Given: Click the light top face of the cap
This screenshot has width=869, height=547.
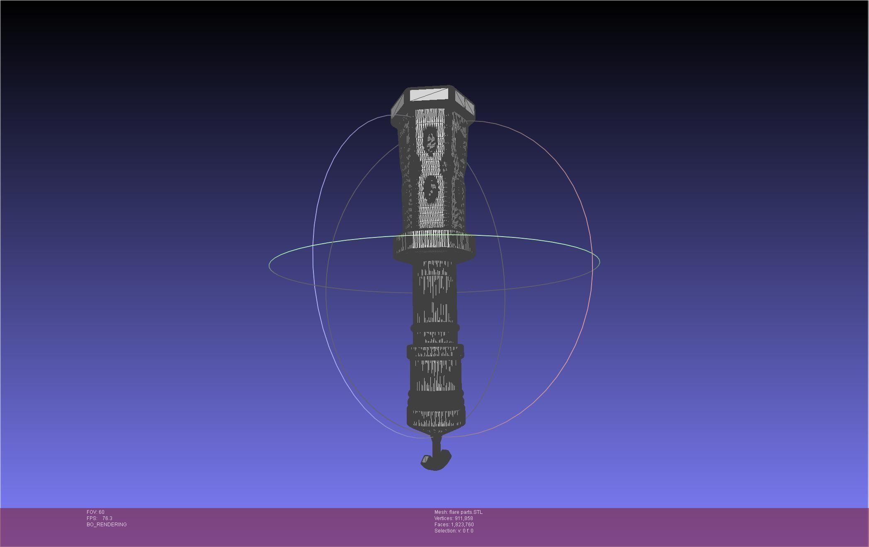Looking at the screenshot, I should pos(430,94).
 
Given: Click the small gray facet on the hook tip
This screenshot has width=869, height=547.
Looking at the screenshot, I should pos(425,459).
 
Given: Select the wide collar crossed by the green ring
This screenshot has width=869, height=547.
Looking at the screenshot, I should pos(434,246).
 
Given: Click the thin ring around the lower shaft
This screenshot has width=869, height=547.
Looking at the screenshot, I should pos(435,328).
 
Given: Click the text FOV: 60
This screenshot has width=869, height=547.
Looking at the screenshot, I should pos(95,512).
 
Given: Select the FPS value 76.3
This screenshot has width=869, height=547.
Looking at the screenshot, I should pos(107,518).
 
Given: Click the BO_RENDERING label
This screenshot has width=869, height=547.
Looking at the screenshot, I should pos(107,525).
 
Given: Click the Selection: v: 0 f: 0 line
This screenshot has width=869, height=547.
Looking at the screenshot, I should pos(454,531).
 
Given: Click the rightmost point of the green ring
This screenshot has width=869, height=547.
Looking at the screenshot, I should pos(600,261).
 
